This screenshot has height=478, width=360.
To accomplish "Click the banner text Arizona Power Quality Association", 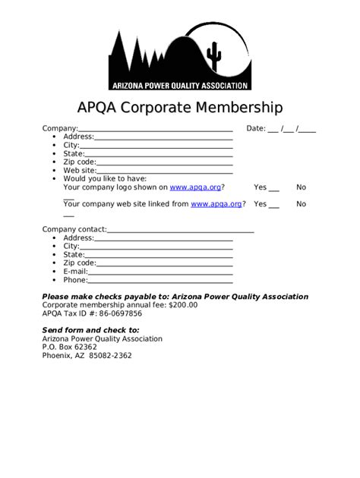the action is click(180, 85).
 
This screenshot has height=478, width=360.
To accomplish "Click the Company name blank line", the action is click(155, 131).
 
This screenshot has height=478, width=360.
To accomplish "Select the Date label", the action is click(255, 128).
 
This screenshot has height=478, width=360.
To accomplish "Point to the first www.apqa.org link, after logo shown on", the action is click(195, 187).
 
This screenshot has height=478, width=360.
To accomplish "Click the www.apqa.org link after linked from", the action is click(216, 204).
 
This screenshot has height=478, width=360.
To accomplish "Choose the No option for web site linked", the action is click(302, 204).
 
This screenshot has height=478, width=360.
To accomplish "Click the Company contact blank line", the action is click(180, 231).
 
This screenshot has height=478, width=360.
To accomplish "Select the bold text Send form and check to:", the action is click(90, 330).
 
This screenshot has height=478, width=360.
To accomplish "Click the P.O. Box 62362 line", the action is click(69, 347).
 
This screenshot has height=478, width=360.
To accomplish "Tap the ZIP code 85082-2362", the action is click(110, 355).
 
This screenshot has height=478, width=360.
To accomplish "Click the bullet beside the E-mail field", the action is click(55, 272).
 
